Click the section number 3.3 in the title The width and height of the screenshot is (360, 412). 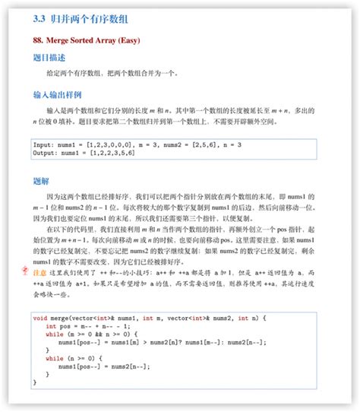[x=40, y=15]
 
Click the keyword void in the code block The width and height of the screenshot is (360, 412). [x=42, y=316]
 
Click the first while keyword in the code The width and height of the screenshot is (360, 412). [x=55, y=333]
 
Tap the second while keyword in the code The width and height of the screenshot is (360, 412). [x=55, y=358]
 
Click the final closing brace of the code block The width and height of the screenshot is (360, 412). [x=35, y=382]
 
